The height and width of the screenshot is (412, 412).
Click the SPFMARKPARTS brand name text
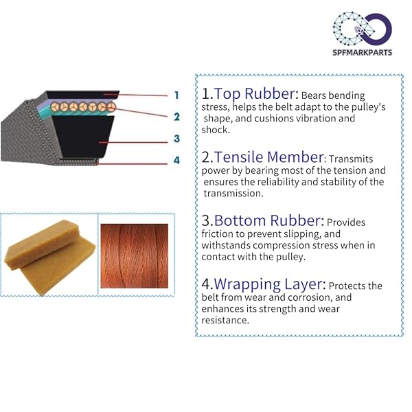click(362, 52)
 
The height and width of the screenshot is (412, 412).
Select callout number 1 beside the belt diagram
click(177, 95)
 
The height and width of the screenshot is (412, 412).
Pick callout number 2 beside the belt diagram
click(177, 117)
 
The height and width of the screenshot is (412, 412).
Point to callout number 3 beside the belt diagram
click(177, 139)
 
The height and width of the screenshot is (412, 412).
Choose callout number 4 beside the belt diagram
click(177, 160)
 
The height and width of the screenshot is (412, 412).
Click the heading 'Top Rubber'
click(256, 94)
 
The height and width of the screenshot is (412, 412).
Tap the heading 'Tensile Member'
click(268, 157)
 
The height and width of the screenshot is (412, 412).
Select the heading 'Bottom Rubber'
click(269, 220)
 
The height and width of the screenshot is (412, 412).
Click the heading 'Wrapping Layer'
click(270, 284)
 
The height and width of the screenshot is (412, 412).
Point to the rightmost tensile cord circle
click(111, 107)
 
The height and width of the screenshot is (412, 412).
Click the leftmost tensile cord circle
click(55, 106)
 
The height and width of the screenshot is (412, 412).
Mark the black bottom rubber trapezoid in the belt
click(84, 136)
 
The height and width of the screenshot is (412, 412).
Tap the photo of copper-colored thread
click(135, 256)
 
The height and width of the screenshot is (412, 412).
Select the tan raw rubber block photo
click(50, 257)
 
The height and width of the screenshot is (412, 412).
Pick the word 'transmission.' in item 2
click(233, 194)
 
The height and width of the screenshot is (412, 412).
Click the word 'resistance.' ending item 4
click(225, 320)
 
